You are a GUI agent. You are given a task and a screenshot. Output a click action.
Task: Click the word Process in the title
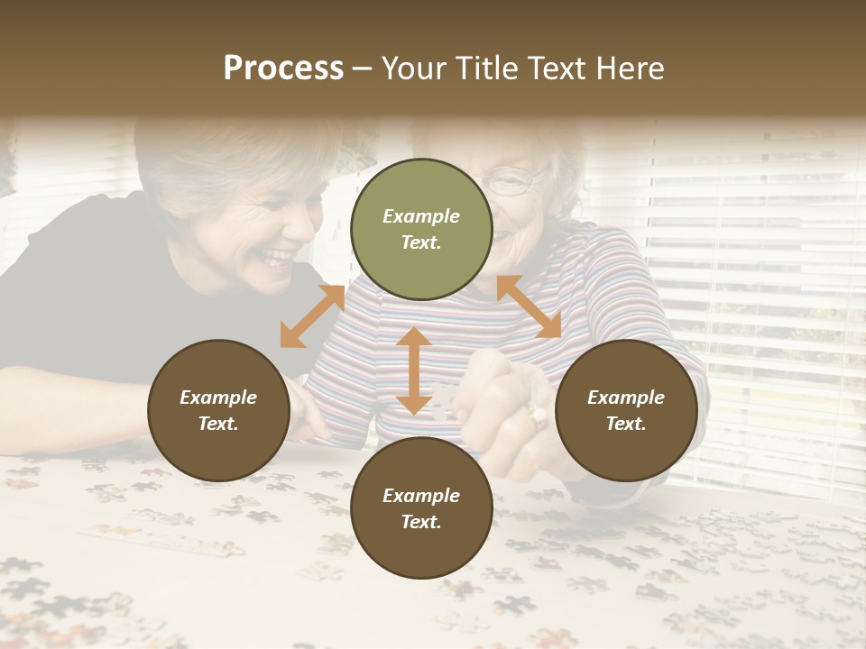283,69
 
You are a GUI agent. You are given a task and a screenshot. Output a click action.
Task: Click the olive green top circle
421,229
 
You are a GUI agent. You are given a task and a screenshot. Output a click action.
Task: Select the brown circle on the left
218,410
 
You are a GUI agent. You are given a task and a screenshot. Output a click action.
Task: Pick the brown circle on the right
626,410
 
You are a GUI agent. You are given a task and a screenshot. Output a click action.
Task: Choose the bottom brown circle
421,508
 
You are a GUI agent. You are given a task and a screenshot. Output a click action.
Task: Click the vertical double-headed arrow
414,370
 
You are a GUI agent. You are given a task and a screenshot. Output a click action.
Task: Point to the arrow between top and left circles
312,316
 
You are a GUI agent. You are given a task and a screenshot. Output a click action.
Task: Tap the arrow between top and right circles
529,306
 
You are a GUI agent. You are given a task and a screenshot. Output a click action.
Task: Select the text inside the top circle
421,229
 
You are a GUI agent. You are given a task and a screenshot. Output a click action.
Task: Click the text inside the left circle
218,410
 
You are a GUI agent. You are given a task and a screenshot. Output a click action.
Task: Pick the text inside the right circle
626,410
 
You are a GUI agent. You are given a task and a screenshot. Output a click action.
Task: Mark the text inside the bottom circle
421,508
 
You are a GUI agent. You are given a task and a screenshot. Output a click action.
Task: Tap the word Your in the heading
410,69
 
